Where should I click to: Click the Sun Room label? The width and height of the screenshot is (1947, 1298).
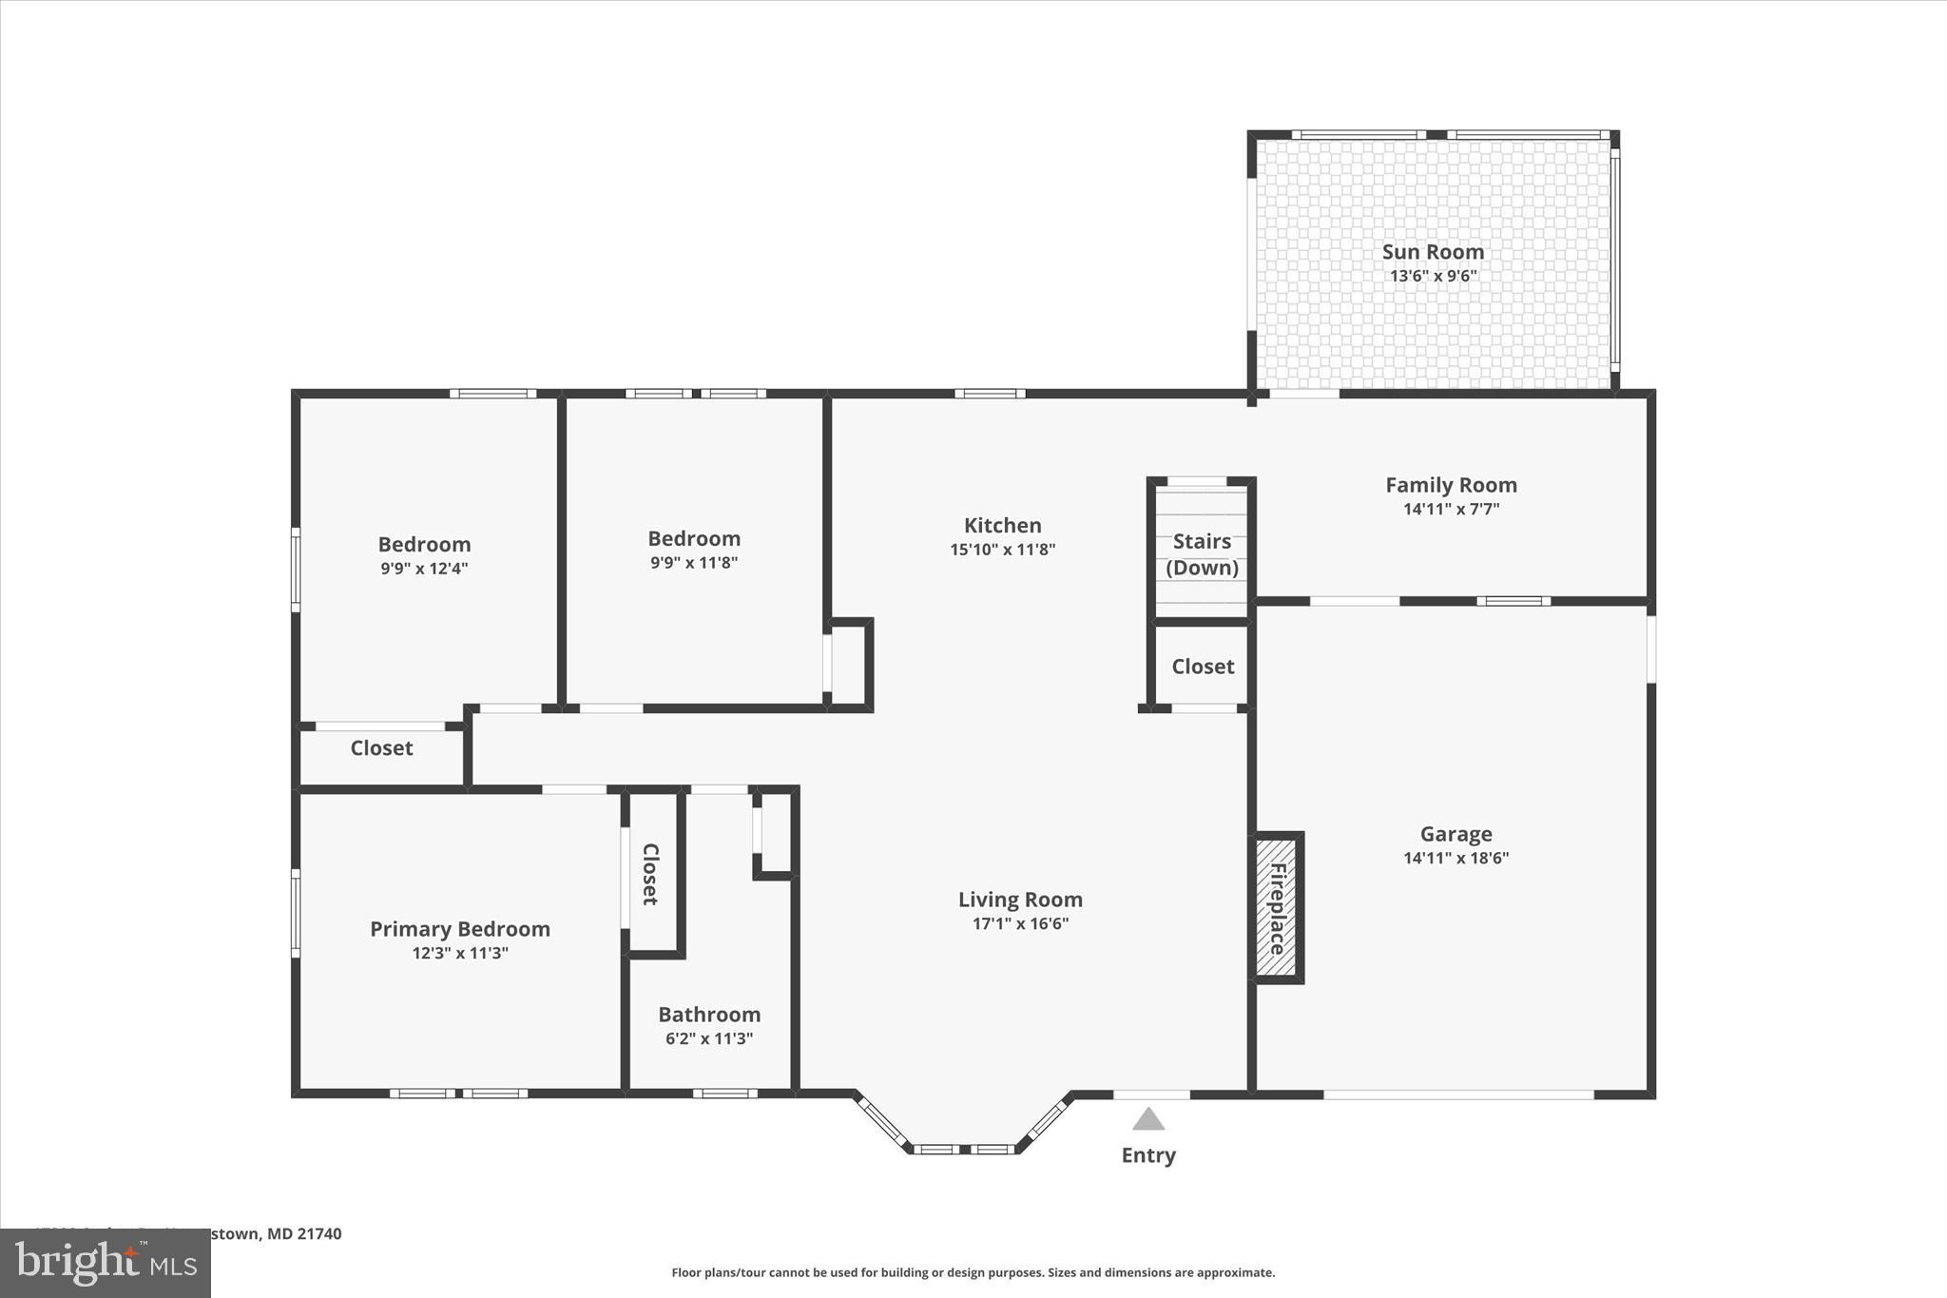pos(1432,251)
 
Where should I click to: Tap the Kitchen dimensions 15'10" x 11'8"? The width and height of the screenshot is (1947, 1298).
pos(1002,550)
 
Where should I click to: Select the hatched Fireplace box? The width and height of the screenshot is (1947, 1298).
pos(1276,907)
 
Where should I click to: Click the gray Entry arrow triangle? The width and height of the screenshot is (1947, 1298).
pos(1148,1119)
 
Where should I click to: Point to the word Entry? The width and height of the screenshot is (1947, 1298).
pos(1148,1155)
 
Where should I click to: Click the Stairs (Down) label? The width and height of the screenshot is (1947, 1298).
pos(1202,553)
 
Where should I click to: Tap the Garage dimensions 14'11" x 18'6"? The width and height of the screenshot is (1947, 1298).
pos(1455,858)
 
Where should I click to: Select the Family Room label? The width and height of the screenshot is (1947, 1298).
pos(1451,485)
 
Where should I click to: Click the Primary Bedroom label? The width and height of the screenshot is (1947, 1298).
pos(460,929)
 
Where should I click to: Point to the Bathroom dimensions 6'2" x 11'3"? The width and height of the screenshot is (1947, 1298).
pos(709,1038)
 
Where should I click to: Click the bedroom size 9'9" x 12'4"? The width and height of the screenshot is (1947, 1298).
pos(424,569)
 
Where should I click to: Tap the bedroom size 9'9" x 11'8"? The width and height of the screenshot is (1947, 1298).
pos(694,562)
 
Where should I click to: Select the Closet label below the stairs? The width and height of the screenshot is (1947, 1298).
pos(1203,667)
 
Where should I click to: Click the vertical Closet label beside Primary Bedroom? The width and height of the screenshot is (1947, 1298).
pos(651,874)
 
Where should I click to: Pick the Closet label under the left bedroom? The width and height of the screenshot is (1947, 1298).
pos(381,748)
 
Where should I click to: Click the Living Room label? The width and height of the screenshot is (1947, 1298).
pos(1020,900)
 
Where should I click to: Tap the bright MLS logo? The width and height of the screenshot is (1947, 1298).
pos(106,1263)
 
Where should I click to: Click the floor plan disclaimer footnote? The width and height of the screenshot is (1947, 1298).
pos(973,1272)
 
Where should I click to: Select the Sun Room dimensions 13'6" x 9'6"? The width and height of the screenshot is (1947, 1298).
pos(1433,277)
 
